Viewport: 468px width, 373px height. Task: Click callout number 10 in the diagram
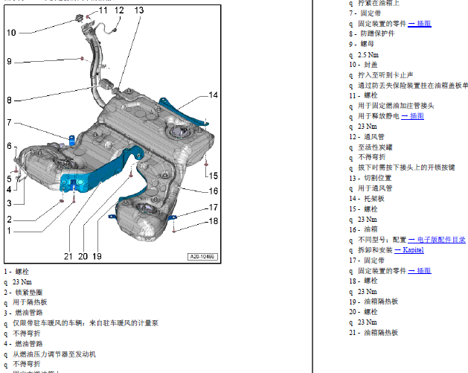tap(11, 33)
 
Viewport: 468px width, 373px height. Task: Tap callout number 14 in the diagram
tap(214, 95)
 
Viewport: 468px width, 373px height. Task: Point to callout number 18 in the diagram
tap(214, 221)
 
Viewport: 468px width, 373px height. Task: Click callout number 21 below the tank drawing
tap(68, 256)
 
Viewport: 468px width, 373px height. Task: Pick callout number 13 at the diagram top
tap(140, 10)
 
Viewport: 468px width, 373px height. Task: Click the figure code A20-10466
tap(202, 257)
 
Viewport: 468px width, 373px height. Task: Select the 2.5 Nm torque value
tap(367, 54)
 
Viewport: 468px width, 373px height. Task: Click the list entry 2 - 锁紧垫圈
tap(23, 293)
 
